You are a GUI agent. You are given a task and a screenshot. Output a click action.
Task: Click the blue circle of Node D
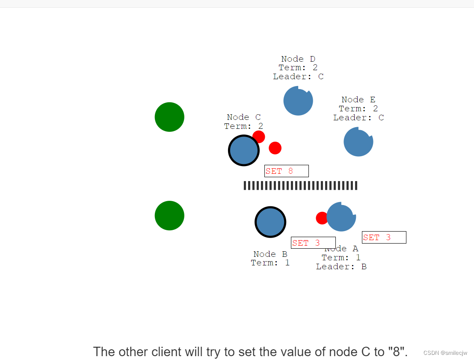pos(298,101)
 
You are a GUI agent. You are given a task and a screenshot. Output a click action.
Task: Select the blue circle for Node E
pos(358,142)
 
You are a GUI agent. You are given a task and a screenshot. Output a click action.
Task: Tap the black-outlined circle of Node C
pos(243,151)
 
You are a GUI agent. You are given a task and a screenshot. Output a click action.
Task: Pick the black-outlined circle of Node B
pos(270,222)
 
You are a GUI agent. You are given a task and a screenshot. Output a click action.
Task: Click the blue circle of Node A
pos(341,217)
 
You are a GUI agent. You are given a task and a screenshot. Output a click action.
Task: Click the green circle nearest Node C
pos(169,117)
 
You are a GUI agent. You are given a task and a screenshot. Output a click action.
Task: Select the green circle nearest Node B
pos(169,216)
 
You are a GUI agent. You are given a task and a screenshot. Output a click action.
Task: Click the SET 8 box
pos(286,171)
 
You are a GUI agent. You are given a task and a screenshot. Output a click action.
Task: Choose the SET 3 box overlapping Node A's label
pos(313,243)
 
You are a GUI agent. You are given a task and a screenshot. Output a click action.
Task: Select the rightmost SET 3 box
pos(384,238)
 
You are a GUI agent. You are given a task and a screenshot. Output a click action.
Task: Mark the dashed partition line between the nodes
pos(300,185)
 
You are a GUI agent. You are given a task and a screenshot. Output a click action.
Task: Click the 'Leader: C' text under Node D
pos(298,77)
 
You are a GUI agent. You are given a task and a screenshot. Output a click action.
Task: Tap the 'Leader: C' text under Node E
pos(358,118)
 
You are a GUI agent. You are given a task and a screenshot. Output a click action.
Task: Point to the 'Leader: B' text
pos(341,267)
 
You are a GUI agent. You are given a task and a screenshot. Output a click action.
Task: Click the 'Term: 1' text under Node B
pos(270,263)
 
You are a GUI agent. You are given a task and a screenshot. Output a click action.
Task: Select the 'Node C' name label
pos(243,117)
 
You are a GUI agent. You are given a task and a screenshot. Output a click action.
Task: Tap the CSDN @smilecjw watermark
pos(445,353)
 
